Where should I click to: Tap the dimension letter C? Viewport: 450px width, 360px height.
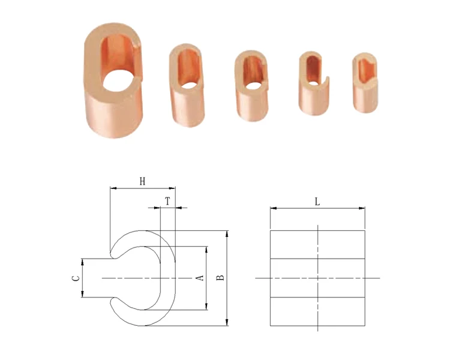75,278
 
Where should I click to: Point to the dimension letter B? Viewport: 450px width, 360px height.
220,278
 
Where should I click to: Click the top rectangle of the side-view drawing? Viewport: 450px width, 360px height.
317,244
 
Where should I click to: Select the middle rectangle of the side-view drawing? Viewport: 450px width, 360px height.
317,278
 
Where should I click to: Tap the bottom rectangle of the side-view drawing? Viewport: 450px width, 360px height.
317,311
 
